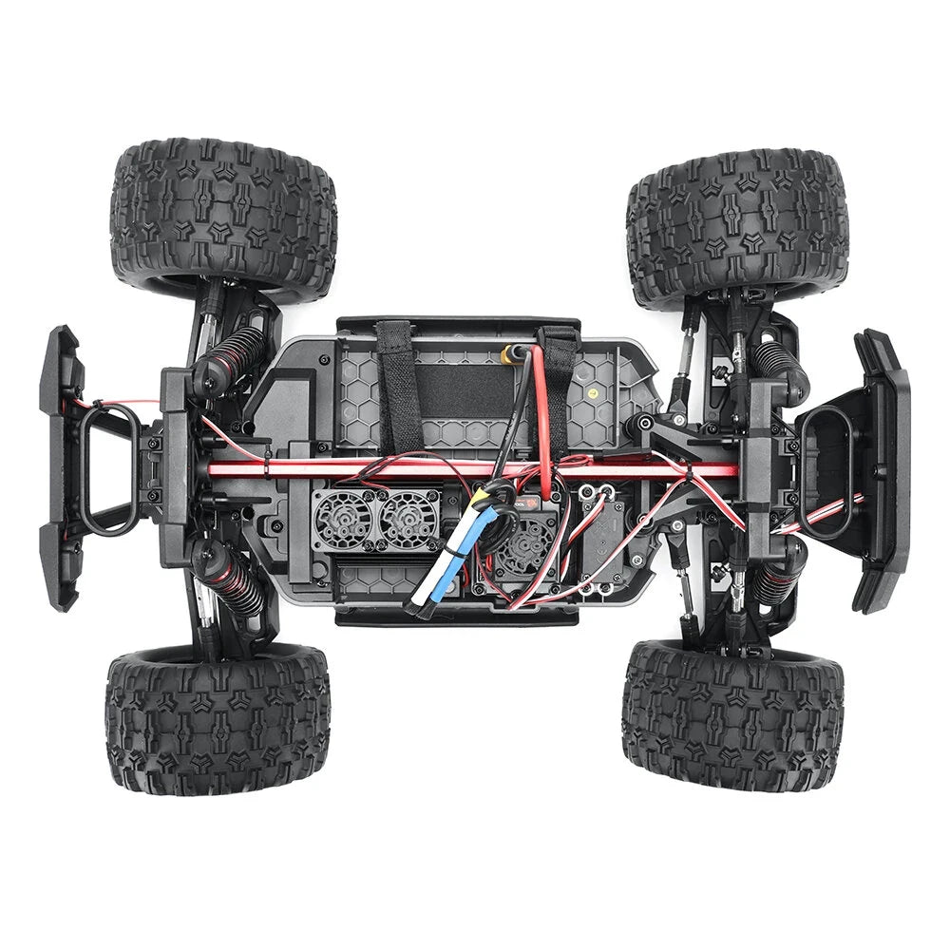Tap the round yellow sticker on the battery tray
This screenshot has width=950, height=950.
tap(594, 391)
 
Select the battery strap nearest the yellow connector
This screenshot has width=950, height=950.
tap(559, 380)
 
